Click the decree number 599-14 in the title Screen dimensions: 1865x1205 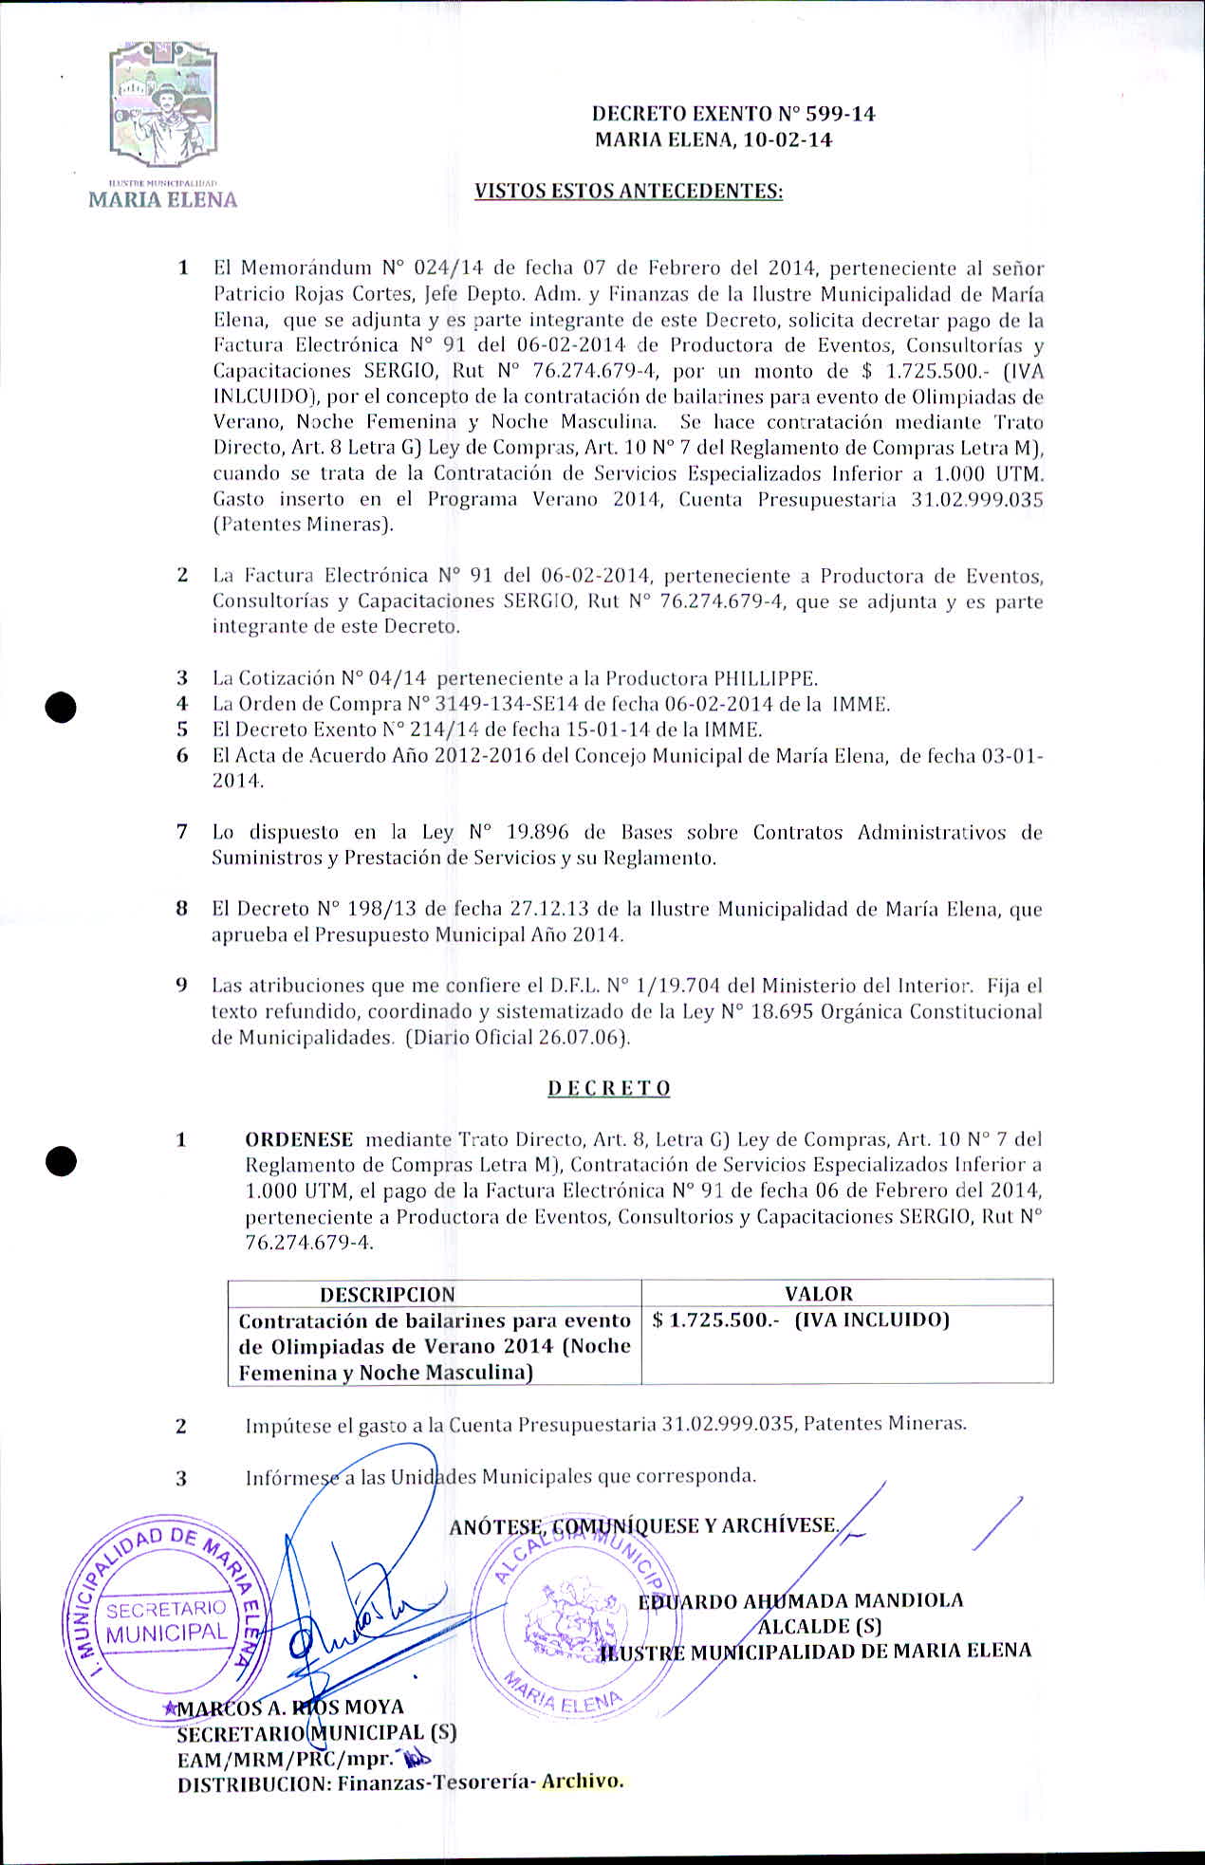(840, 115)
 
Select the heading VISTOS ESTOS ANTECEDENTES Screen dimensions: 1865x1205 (628, 192)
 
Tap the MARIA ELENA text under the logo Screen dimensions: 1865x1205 (162, 199)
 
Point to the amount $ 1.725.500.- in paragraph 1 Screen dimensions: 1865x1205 (912, 372)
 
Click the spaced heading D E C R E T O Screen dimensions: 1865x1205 (609, 1088)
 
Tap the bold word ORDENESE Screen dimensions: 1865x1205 (299, 1139)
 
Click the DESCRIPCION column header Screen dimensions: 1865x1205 (387, 1294)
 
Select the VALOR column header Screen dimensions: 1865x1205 (819, 1293)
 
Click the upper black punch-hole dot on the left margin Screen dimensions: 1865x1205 (61, 708)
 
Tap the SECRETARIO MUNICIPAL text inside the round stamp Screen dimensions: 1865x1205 (167, 1621)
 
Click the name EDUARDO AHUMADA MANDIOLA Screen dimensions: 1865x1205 (802, 1601)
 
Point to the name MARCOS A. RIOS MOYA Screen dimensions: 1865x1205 (291, 1708)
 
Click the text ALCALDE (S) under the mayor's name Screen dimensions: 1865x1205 (820, 1626)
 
